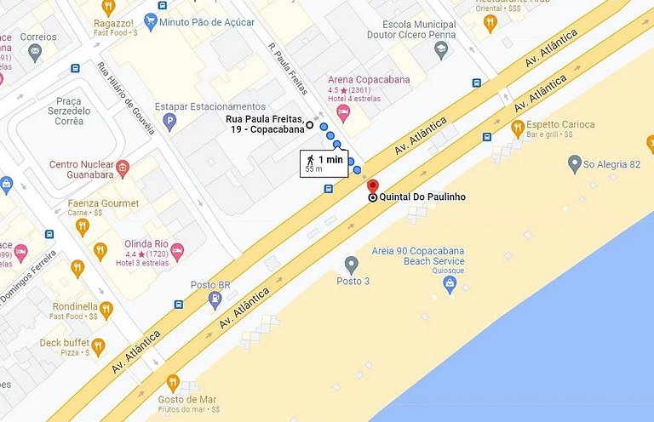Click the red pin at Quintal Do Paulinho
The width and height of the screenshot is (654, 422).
coord(371,185)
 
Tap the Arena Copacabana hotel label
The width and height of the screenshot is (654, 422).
coord(369,80)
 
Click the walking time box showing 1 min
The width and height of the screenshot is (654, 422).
coord(324,163)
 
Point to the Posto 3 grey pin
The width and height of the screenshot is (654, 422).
coord(351,265)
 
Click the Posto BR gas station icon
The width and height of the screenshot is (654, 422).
coord(215,299)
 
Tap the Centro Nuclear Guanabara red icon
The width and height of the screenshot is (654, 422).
coord(123,165)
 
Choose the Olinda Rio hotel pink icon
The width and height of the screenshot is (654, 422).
coord(177,249)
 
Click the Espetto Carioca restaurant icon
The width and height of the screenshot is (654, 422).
coord(517,128)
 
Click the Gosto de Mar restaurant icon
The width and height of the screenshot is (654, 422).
coord(174,383)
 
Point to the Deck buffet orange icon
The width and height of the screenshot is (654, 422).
coord(98,346)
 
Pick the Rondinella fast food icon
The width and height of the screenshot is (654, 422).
coord(106,310)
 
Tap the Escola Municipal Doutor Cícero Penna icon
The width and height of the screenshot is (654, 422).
coord(441,51)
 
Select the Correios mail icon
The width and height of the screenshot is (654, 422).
coord(35,54)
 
